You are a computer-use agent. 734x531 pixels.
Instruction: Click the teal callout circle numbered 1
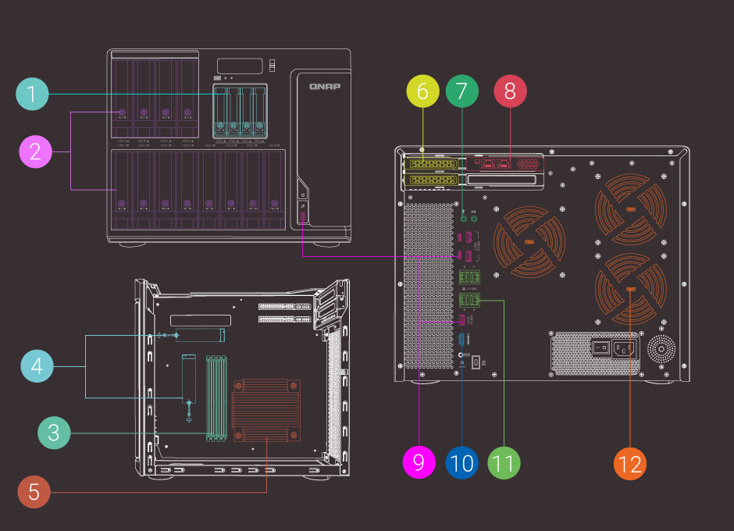(x=32, y=95)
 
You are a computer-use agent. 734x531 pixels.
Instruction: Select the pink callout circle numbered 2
(x=35, y=151)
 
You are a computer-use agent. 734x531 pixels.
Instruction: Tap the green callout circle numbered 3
(x=54, y=433)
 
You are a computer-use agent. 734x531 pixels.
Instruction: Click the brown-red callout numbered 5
(x=34, y=492)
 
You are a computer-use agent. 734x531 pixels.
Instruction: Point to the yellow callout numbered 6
(x=422, y=91)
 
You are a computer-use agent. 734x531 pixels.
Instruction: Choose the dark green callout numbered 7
(x=462, y=91)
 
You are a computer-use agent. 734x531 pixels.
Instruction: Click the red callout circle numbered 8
(x=511, y=91)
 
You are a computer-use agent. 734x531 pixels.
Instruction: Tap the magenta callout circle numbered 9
(x=419, y=462)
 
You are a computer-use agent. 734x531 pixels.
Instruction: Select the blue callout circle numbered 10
(x=461, y=462)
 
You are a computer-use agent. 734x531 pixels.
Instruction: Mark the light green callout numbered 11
(x=504, y=462)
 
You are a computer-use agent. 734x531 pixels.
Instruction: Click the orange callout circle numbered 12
(x=629, y=463)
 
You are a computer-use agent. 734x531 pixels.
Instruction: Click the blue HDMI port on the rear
(x=462, y=340)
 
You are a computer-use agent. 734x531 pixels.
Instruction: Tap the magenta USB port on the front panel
(x=303, y=213)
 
